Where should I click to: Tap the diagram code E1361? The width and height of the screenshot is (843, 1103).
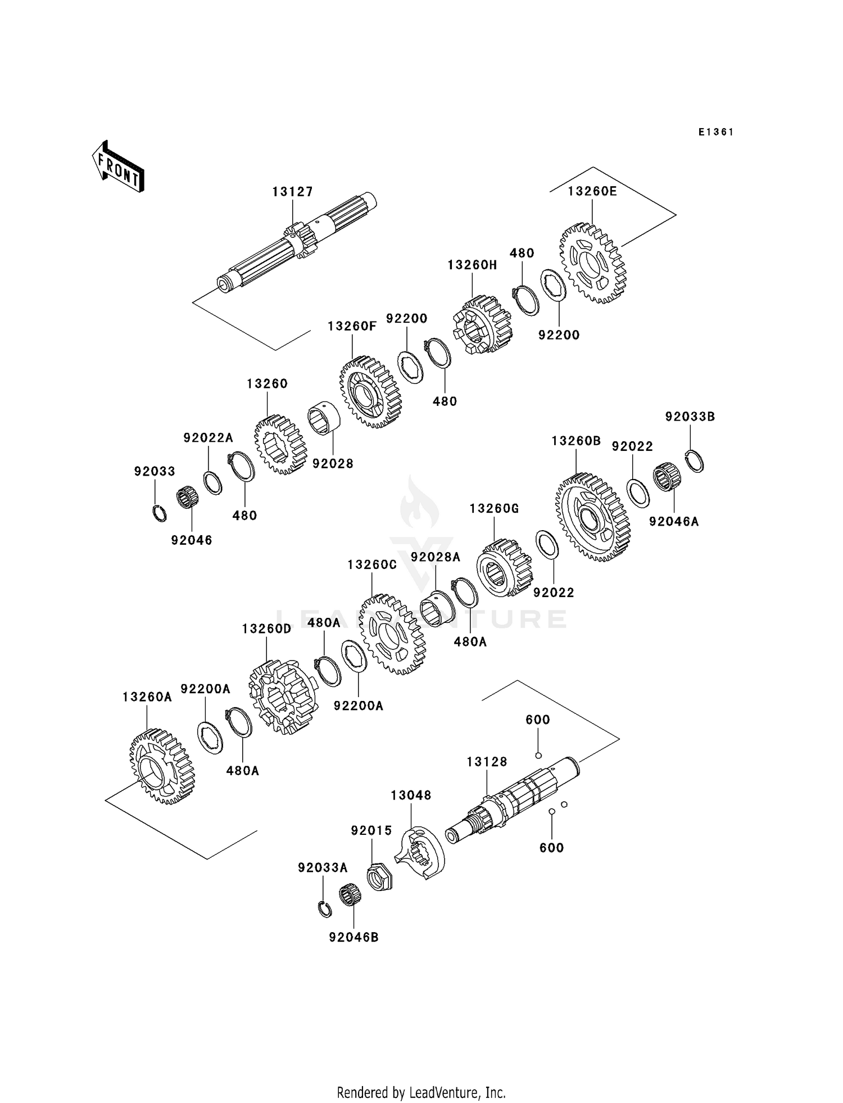[716, 132]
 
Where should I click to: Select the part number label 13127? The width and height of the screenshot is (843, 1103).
[293, 192]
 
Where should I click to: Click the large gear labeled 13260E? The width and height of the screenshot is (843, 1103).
[593, 263]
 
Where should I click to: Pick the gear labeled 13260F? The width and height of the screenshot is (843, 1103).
[371, 392]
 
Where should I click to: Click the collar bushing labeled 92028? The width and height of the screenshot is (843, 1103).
[324, 419]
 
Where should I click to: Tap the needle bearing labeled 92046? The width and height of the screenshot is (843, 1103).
[188, 498]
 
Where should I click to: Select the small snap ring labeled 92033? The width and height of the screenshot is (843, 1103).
[160, 513]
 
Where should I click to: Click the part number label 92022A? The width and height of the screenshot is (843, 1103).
[208, 437]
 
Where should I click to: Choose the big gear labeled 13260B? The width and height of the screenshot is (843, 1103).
[593, 517]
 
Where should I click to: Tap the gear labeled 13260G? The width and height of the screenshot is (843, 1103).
[504, 568]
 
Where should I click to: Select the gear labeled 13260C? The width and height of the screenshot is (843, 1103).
[392, 634]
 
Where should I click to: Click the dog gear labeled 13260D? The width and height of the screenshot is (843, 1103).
[283, 697]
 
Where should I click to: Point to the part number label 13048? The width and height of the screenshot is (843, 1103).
[411, 795]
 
